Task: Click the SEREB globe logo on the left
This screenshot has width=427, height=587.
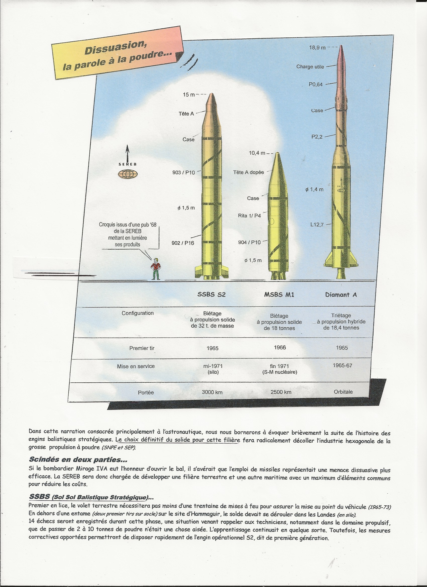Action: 128,174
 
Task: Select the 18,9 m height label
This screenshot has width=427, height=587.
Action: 317,48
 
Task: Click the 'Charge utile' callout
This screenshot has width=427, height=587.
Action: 310,67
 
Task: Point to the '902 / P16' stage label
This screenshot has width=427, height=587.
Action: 183,243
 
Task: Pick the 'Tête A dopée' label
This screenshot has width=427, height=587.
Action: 248,172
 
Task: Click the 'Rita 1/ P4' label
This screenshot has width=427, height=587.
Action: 249,215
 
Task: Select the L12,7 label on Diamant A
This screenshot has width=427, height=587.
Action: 317,225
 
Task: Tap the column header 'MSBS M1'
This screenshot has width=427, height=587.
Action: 279,295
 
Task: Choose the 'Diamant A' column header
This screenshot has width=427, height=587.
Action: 341,295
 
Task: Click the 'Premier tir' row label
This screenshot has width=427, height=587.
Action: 142,348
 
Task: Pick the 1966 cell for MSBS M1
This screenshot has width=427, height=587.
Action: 280,347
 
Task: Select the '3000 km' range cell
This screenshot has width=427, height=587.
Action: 212,392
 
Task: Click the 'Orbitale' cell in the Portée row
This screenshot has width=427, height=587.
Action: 343,392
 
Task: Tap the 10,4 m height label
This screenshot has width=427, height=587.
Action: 257,153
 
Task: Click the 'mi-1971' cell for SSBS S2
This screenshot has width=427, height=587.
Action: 213,366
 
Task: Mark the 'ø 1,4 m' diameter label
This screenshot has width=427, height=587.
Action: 314,190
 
